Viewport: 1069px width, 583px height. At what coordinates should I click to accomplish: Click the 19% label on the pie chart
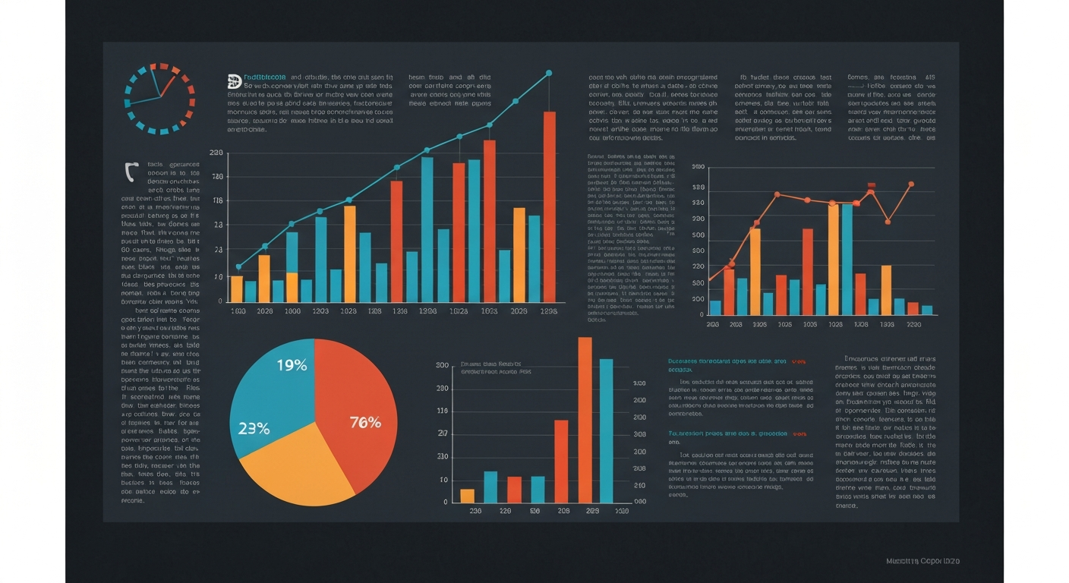pyautogui.click(x=292, y=365)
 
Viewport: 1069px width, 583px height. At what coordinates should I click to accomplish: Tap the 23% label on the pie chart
pyautogui.click(x=254, y=428)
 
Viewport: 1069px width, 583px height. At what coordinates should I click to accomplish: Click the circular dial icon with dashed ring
pyautogui.click(x=159, y=99)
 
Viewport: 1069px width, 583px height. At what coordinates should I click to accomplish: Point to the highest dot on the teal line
pyautogui.click(x=548, y=74)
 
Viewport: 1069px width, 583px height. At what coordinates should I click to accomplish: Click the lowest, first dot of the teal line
pyautogui.click(x=238, y=266)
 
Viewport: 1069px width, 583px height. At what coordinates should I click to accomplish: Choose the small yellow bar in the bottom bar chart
pyautogui.click(x=467, y=496)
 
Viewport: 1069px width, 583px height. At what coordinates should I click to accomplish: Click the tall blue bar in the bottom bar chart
pyautogui.click(x=606, y=430)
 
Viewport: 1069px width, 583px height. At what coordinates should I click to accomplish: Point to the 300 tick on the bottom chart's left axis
pyautogui.click(x=443, y=366)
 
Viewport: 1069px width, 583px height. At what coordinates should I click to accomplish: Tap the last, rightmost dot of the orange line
pyautogui.click(x=910, y=184)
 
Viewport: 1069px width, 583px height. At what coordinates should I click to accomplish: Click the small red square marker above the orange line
pyautogui.click(x=872, y=184)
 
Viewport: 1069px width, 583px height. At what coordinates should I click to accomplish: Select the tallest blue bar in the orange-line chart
pyautogui.click(x=847, y=259)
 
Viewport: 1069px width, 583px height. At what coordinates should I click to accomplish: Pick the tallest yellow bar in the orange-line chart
pyautogui.click(x=834, y=259)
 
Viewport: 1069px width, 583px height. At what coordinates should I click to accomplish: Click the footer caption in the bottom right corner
pyautogui.click(x=922, y=561)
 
